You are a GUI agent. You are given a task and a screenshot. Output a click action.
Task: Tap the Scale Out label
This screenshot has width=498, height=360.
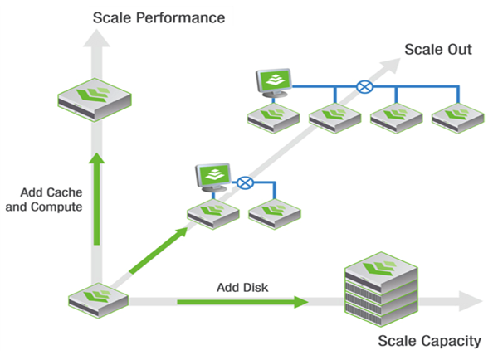[437, 49]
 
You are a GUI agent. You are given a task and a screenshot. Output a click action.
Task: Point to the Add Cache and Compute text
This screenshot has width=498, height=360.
[44, 200]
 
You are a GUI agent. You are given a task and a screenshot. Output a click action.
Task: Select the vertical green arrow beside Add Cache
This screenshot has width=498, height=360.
[97, 199]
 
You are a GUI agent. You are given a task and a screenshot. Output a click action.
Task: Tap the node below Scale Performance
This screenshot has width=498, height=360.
[97, 98]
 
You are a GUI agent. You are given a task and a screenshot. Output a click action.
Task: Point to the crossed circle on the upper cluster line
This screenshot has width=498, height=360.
[364, 85]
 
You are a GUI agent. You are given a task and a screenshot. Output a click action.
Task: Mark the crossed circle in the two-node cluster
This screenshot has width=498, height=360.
[244, 182]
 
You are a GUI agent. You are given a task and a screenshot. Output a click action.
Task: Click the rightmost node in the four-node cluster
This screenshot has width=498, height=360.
[457, 117]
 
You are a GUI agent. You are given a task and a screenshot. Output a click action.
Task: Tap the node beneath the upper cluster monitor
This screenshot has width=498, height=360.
[272, 117]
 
